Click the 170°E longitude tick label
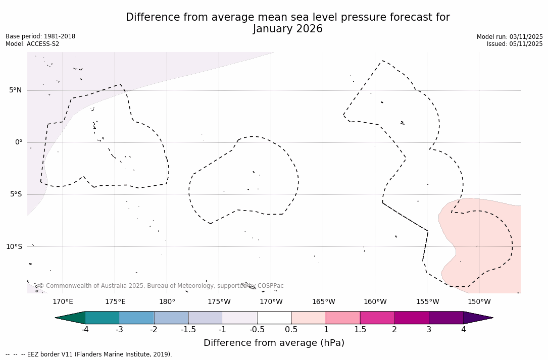63,302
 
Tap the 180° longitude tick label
167,302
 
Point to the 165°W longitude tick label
323,302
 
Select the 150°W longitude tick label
479,302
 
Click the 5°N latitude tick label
16,90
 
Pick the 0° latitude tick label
19,142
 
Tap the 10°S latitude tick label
14,247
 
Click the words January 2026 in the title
287,29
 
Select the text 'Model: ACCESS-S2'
32,44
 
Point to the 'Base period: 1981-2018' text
40,36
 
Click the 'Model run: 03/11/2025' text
510,37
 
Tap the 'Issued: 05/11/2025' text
515,44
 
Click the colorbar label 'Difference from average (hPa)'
274,343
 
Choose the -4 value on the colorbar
85,330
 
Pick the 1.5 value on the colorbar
360,330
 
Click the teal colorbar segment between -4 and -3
103,318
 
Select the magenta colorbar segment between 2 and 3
412,318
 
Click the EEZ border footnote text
89,354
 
